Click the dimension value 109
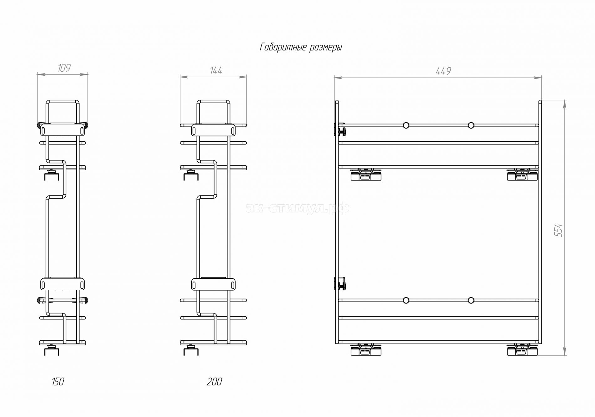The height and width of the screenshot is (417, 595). coord(64,68)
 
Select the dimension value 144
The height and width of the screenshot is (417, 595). coord(216,71)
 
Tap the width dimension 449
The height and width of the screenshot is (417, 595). coord(443,72)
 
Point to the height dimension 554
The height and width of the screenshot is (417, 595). coord(558,230)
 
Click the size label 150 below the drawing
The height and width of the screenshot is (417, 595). coord(58,382)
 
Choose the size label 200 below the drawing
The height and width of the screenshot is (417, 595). coord(215,382)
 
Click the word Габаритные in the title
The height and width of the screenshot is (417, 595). coord(283,47)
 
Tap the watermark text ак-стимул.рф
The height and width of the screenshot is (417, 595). coord(297,208)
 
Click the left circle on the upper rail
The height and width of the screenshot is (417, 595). coord(406,125)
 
